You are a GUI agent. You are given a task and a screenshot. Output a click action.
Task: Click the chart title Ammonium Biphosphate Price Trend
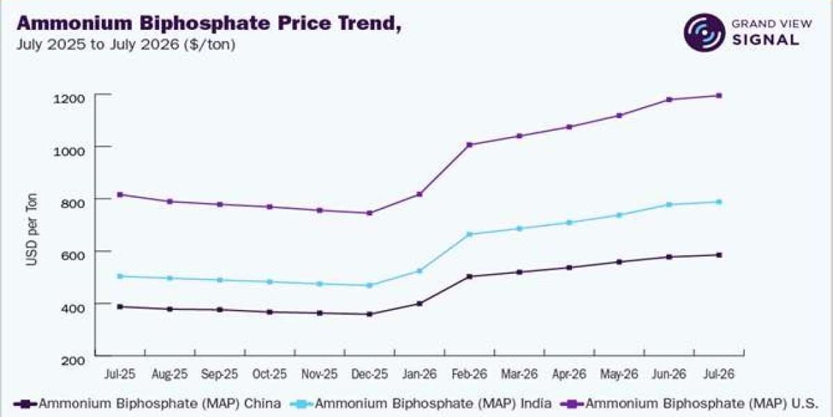point(209,24)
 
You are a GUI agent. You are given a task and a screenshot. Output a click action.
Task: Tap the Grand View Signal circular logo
point(705,33)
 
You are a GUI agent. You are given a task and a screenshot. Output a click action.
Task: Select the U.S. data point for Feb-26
point(469,145)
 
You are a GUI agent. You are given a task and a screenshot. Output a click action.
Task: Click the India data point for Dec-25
point(369,285)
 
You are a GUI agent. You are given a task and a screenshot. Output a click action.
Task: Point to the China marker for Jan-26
point(419,304)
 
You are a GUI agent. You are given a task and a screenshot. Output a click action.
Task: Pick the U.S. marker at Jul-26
point(719,96)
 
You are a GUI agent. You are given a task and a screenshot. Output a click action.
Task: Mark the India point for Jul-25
point(119,277)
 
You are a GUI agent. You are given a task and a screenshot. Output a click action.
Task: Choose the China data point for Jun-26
point(669,257)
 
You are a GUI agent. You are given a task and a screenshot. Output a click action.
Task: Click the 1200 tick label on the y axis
point(69,99)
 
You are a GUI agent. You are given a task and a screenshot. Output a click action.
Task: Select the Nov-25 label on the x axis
point(319,374)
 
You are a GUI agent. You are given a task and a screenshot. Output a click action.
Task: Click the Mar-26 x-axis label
point(519,374)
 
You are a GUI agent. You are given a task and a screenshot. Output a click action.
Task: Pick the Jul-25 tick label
point(119,374)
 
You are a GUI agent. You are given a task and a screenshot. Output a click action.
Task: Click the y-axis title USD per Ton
point(33,229)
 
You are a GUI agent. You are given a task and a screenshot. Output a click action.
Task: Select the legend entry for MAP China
point(147,404)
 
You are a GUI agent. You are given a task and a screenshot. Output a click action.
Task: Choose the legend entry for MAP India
point(421,404)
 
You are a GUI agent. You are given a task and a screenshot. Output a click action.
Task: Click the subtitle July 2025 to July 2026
point(126,44)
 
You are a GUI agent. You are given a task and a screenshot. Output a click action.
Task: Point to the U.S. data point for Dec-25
point(369,213)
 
